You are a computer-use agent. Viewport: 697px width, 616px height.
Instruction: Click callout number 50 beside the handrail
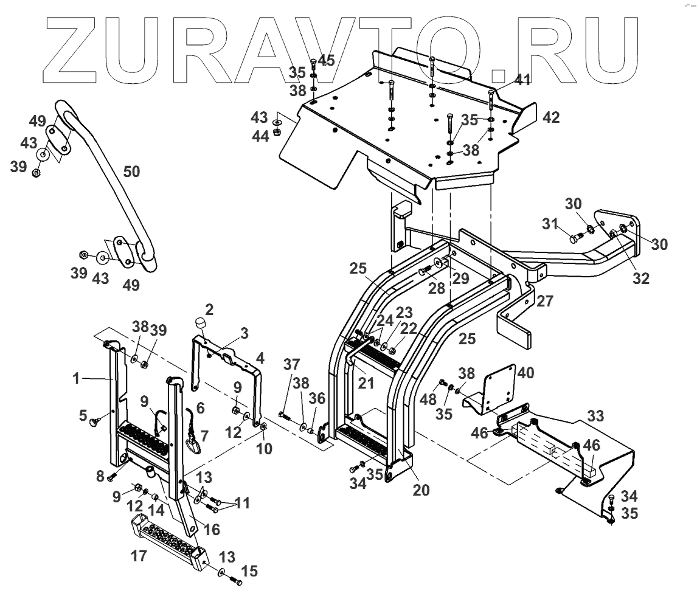[x=131, y=172]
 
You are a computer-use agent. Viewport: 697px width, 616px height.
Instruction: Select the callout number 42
[x=551, y=117]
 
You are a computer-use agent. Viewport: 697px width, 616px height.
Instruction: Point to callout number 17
[x=140, y=556]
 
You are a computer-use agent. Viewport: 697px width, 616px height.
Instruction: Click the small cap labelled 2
[x=199, y=322]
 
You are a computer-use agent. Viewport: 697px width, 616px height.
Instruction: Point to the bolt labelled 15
[x=236, y=582]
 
